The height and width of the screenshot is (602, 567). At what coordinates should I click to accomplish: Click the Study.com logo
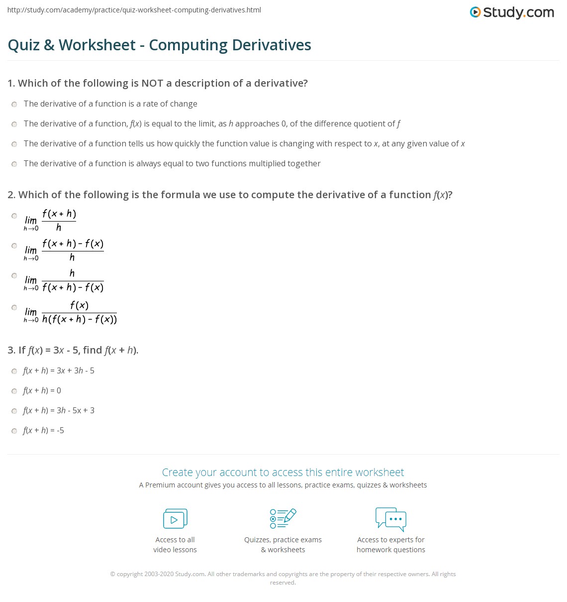click(512, 12)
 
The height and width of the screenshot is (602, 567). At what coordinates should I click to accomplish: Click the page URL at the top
click(134, 10)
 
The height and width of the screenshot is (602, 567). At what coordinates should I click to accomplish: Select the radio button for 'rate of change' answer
click(14, 104)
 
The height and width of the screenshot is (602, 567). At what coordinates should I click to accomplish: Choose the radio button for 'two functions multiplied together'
click(14, 164)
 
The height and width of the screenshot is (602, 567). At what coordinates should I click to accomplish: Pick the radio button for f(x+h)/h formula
click(14, 216)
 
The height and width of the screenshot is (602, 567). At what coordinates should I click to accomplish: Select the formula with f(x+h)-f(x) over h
click(73, 250)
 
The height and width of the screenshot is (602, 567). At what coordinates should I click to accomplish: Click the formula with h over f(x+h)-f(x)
click(73, 280)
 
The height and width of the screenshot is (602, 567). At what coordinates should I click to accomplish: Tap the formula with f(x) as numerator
click(79, 312)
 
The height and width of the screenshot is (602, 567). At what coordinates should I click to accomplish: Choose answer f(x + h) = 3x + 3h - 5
click(59, 371)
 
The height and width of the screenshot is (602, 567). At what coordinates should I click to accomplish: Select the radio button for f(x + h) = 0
click(14, 391)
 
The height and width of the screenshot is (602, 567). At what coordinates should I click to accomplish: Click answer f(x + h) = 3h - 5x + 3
click(59, 411)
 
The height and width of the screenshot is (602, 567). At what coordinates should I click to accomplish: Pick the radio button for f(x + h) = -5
click(14, 431)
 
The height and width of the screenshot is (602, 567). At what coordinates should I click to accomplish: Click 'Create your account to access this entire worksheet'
click(283, 472)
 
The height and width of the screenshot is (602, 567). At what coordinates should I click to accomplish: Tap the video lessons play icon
click(175, 519)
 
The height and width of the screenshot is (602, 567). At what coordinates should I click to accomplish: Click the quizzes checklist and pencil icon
click(283, 519)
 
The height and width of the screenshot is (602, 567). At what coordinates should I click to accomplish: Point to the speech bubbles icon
click(391, 519)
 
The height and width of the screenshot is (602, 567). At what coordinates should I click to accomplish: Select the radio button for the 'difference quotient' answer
click(14, 124)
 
